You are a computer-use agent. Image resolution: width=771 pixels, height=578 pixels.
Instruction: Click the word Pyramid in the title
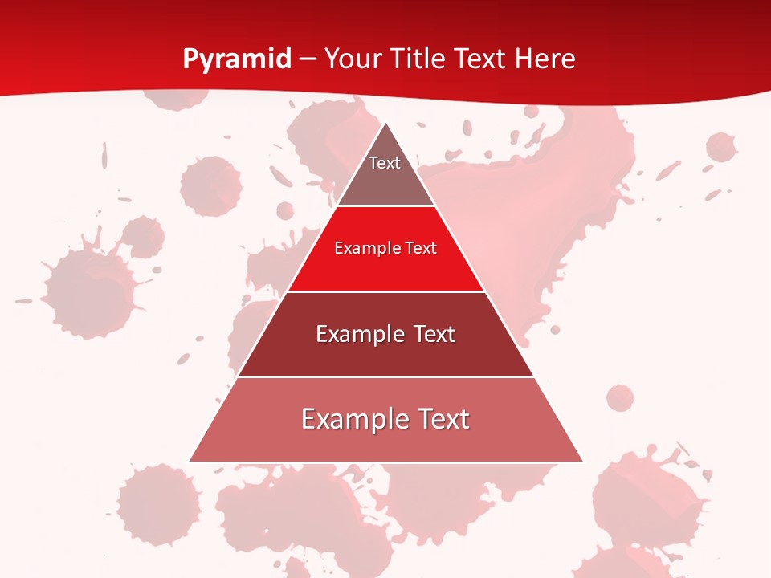coord(237,59)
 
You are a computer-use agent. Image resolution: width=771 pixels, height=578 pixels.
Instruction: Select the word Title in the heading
coord(420,59)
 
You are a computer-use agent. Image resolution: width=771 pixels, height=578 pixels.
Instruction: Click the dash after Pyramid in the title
coord(308,59)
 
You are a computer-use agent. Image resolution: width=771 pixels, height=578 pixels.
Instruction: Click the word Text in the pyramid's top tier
coord(385,163)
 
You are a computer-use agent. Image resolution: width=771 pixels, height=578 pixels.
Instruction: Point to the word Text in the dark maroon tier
coord(434,334)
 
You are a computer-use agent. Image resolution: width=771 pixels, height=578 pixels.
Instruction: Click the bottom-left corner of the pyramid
coord(190,461)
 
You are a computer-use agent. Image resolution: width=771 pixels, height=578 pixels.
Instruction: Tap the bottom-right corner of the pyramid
coord(582,461)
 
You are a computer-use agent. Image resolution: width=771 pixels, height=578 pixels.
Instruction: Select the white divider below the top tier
coord(385,206)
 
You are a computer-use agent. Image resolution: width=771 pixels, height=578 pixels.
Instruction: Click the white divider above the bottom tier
coord(385,377)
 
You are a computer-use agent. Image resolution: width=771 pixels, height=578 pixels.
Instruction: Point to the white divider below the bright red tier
coord(385,291)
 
